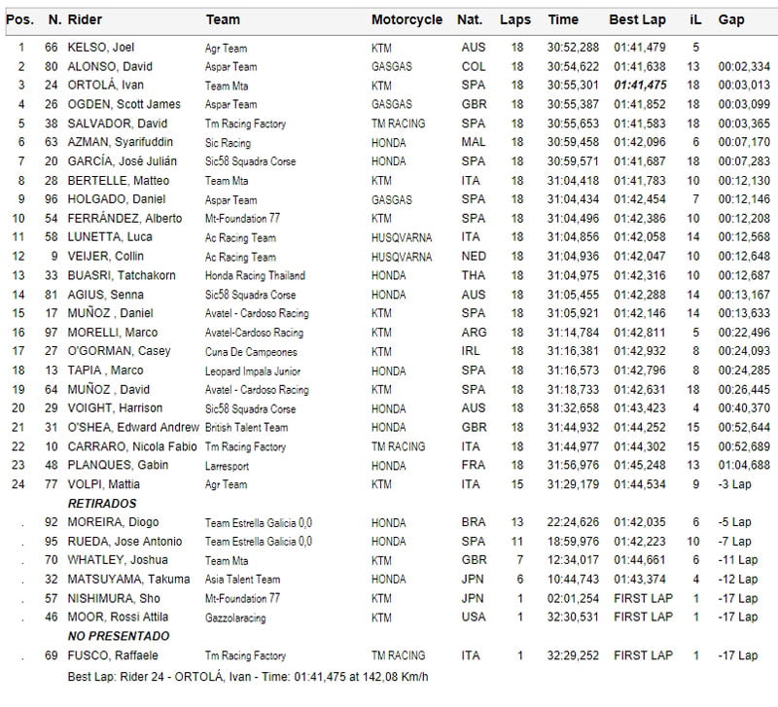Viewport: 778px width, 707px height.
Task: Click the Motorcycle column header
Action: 407,19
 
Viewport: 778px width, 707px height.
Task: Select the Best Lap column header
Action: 637,19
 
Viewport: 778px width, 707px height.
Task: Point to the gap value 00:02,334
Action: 744,66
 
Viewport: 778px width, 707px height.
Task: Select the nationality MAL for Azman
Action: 472,142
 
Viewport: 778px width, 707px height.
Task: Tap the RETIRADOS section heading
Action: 102,504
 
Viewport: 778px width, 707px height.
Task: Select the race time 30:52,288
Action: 573,47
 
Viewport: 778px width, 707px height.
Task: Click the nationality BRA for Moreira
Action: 473,522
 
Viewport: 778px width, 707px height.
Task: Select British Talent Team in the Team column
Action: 246,428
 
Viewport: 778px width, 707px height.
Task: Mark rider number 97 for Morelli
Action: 53,333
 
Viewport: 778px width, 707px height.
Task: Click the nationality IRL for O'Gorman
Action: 472,351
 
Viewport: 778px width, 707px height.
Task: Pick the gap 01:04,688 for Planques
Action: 744,466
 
